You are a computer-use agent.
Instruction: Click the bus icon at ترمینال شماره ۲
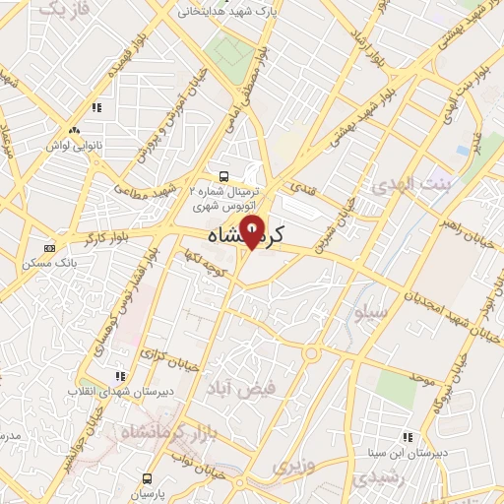[x=224, y=176]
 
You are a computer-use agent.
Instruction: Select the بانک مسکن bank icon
[x=50, y=249]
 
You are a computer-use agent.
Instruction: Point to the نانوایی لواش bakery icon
[x=73, y=132]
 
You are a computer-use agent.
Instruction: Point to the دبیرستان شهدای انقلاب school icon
[x=120, y=375]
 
